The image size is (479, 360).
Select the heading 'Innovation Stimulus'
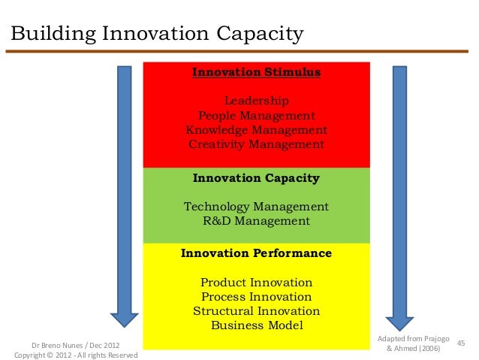[256, 73]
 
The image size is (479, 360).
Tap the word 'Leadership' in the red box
[256, 101]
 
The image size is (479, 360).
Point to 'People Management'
[256, 116]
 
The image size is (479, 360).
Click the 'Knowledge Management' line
[256, 130]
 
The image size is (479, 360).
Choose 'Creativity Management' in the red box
[256, 144]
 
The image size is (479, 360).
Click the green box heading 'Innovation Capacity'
[256, 178]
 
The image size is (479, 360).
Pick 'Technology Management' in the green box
[256, 207]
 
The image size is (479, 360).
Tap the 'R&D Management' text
[256, 221]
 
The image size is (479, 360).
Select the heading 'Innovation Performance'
[256, 254]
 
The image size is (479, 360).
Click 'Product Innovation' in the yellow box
[256, 283]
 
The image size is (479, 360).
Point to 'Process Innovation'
[256, 297]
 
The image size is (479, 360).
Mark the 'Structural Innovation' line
[256, 311]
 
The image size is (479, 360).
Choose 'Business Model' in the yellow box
[256, 325]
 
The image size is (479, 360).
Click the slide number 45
[461, 343]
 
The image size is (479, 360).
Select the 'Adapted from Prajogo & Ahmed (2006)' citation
[413, 343]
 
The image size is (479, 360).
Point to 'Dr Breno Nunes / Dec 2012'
[74, 344]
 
